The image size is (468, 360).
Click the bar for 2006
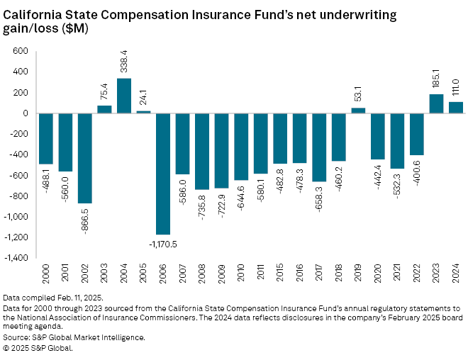tap(163, 174)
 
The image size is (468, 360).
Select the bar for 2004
tap(124, 96)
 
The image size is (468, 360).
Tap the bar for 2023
tap(436, 103)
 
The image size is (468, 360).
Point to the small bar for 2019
tap(358, 111)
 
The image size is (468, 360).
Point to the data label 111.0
tap(456, 87)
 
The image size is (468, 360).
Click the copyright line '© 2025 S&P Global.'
tap(38, 347)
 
